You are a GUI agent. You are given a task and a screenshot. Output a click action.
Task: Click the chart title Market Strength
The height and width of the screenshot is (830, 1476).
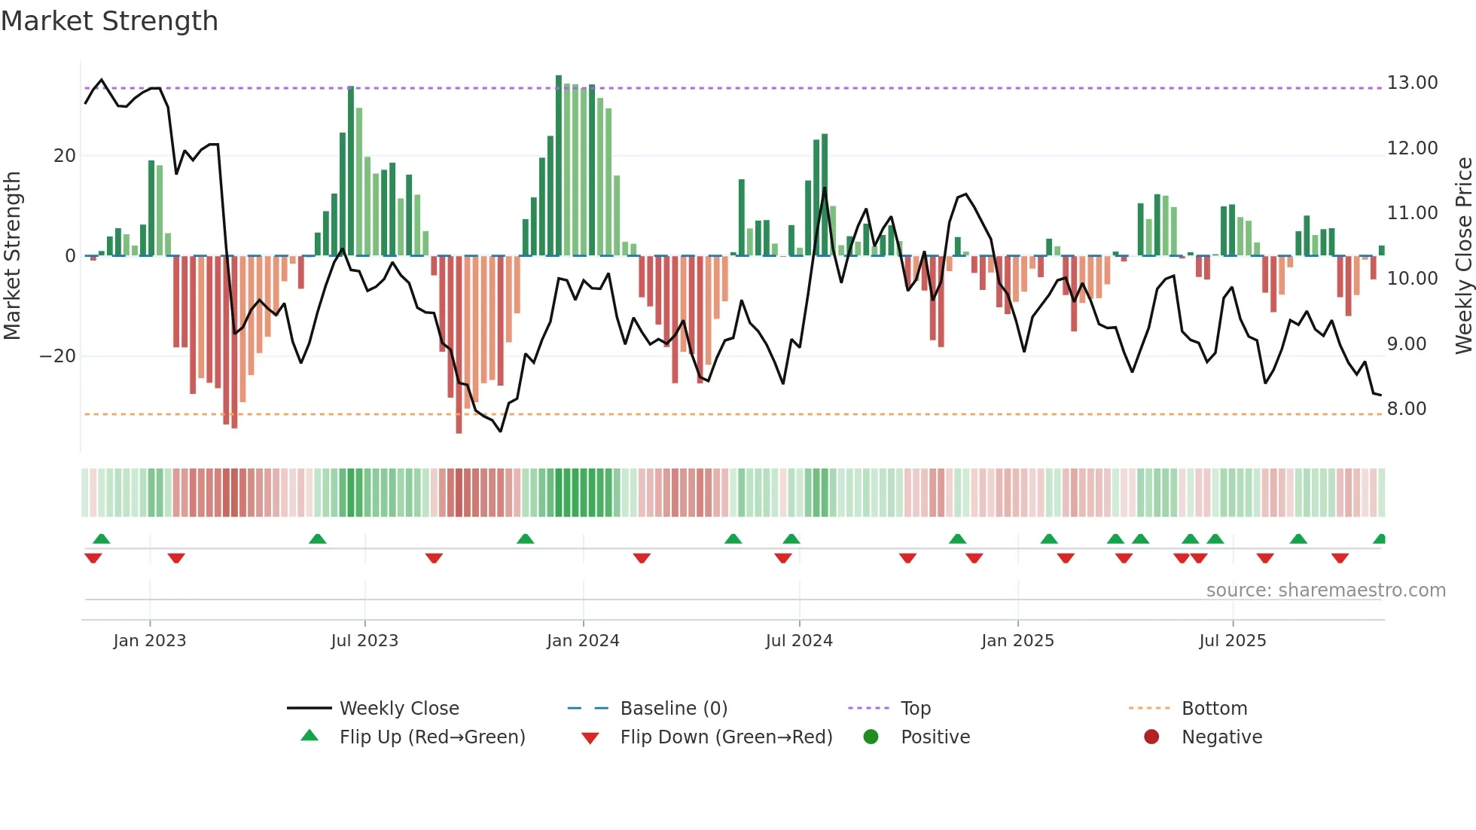[x=109, y=21]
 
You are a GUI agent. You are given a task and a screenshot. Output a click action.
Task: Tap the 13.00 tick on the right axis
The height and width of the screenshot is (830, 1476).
[x=1412, y=83]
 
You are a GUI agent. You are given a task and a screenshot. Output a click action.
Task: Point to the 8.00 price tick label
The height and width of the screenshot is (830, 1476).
[x=1406, y=409]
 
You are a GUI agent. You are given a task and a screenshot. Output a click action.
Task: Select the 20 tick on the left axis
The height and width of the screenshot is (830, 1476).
[x=65, y=156]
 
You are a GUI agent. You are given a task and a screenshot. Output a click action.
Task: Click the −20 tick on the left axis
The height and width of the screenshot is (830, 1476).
[x=58, y=356]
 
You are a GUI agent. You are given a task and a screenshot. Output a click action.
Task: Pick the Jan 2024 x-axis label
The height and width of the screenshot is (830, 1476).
[x=583, y=641]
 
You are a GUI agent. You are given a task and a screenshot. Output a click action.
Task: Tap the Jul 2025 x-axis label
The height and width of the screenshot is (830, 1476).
[x=1232, y=641]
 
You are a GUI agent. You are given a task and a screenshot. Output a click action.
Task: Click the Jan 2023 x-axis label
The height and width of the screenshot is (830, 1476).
[x=149, y=641]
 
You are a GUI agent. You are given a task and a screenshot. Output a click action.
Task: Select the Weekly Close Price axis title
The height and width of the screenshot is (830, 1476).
[x=1463, y=255]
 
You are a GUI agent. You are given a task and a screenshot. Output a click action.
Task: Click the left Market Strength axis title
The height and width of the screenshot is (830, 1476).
[x=13, y=255]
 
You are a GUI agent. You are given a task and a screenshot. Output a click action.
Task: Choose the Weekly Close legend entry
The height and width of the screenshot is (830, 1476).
[x=398, y=709]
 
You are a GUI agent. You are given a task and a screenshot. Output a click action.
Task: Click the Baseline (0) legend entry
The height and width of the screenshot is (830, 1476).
[x=673, y=709]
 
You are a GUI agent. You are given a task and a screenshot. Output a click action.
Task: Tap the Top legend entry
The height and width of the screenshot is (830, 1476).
[x=915, y=709]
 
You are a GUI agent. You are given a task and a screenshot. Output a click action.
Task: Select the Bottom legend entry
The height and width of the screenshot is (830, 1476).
[x=1214, y=709]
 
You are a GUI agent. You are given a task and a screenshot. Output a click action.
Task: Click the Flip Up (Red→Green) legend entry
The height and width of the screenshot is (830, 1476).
[x=432, y=737]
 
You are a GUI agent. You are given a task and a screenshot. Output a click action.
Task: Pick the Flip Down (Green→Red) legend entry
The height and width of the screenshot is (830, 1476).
[x=726, y=737]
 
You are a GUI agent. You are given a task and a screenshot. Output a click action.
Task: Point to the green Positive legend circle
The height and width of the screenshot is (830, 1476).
[x=871, y=737]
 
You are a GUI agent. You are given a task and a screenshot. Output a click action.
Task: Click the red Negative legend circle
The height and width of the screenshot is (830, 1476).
[x=1151, y=737]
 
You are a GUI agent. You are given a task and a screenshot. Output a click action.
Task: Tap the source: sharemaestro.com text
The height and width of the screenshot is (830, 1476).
[x=1325, y=590]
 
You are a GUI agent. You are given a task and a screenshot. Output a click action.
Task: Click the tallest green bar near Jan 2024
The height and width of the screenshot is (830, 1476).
[x=559, y=166]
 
